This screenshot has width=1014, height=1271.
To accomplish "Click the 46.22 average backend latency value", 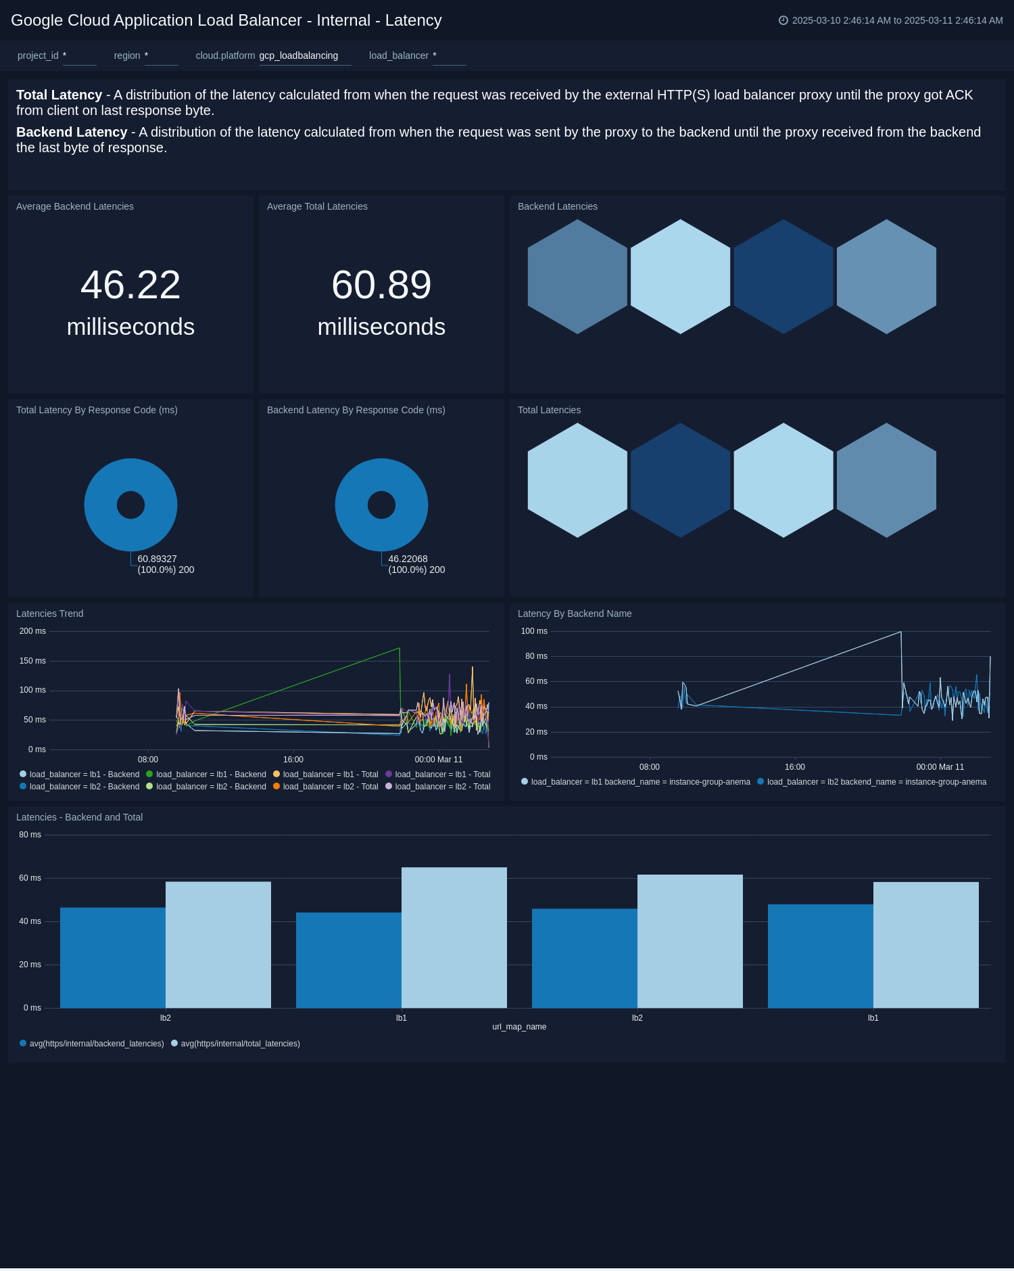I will [130, 285].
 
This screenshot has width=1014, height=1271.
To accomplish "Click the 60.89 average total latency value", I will [381, 285].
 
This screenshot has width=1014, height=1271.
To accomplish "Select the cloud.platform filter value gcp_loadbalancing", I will [299, 55].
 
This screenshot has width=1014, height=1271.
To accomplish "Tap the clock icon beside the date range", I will [783, 20].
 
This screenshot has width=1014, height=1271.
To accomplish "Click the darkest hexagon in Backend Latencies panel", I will [783, 277].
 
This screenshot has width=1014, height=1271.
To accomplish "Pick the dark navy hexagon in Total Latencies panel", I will [681, 480].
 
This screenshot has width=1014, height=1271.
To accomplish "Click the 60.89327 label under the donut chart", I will [157, 559].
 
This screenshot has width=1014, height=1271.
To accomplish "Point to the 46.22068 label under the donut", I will [408, 559].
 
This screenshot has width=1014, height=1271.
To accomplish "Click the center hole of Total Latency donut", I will [130, 505].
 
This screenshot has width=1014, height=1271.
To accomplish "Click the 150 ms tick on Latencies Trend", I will [33, 661].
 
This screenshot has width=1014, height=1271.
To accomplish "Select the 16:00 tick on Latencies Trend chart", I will [293, 760].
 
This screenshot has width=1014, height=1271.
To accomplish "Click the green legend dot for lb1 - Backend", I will [149, 774].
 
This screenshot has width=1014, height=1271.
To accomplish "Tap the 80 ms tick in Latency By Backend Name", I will [536, 656].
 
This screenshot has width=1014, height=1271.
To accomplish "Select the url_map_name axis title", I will [519, 1027].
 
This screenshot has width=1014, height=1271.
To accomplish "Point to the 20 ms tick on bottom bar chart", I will [30, 965].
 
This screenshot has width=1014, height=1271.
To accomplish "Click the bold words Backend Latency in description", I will [72, 132].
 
